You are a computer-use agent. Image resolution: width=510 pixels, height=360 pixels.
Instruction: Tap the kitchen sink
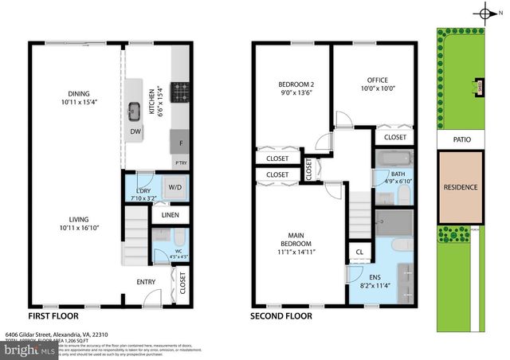point(135,110)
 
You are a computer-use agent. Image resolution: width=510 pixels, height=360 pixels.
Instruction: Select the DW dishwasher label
point(135,132)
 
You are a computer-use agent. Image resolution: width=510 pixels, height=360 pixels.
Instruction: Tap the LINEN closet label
point(170,215)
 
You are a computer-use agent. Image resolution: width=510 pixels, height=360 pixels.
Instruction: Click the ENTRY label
point(146,281)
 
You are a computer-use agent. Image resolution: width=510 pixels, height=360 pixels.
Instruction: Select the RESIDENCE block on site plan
point(460,187)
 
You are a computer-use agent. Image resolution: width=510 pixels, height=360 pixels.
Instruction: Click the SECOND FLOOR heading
point(281,315)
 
